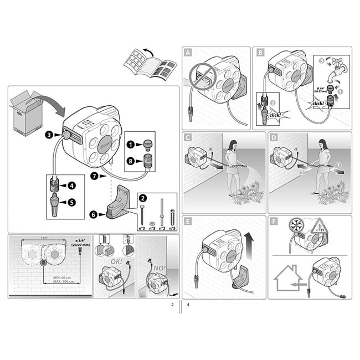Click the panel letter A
pyautogui.click(x=188, y=53)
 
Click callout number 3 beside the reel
pyautogui.click(x=49, y=134)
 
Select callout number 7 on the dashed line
pyautogui.click(x=94, y=176)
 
